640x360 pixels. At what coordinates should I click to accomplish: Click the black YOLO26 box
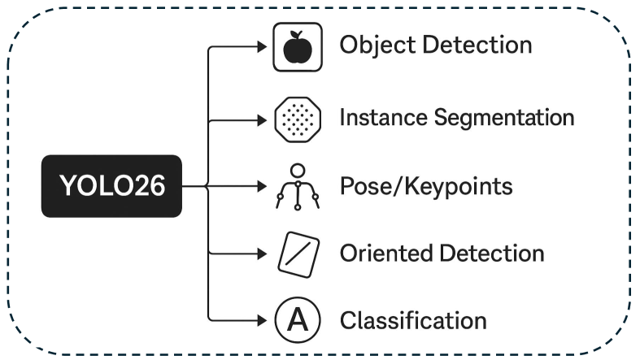point(111,186)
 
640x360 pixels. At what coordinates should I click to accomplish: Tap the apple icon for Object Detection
point(297,46)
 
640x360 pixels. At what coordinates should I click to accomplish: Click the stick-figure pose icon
point(297,187)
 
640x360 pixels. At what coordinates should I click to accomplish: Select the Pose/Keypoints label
point(426,186)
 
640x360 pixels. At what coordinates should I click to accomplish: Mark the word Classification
point(413,319)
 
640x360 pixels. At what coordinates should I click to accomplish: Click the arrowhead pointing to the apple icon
point(262,47)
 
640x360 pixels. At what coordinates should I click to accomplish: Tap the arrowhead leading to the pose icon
point(262,186)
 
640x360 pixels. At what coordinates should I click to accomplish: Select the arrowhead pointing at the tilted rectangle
point(262,253)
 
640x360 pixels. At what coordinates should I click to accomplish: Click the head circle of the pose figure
point(298,170)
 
